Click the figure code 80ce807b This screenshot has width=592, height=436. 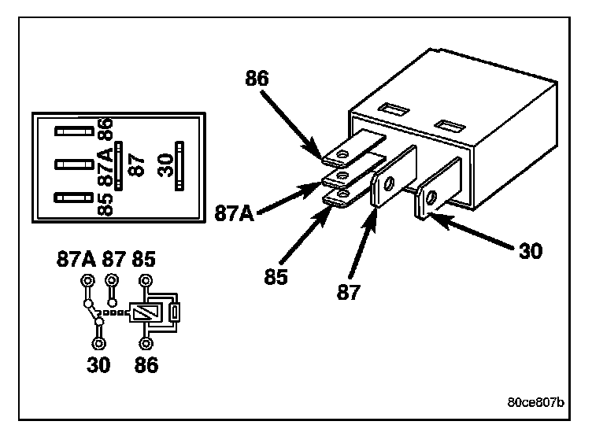[x=535, y=402]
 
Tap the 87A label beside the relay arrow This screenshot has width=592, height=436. [x=233, y=212]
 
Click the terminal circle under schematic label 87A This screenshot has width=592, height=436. [x=87, y=280]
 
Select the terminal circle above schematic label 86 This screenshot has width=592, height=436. [x=146, y=343]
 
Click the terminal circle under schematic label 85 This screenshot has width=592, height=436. [x=146, y=280]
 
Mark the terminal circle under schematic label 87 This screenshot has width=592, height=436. [x=113, y=280]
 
